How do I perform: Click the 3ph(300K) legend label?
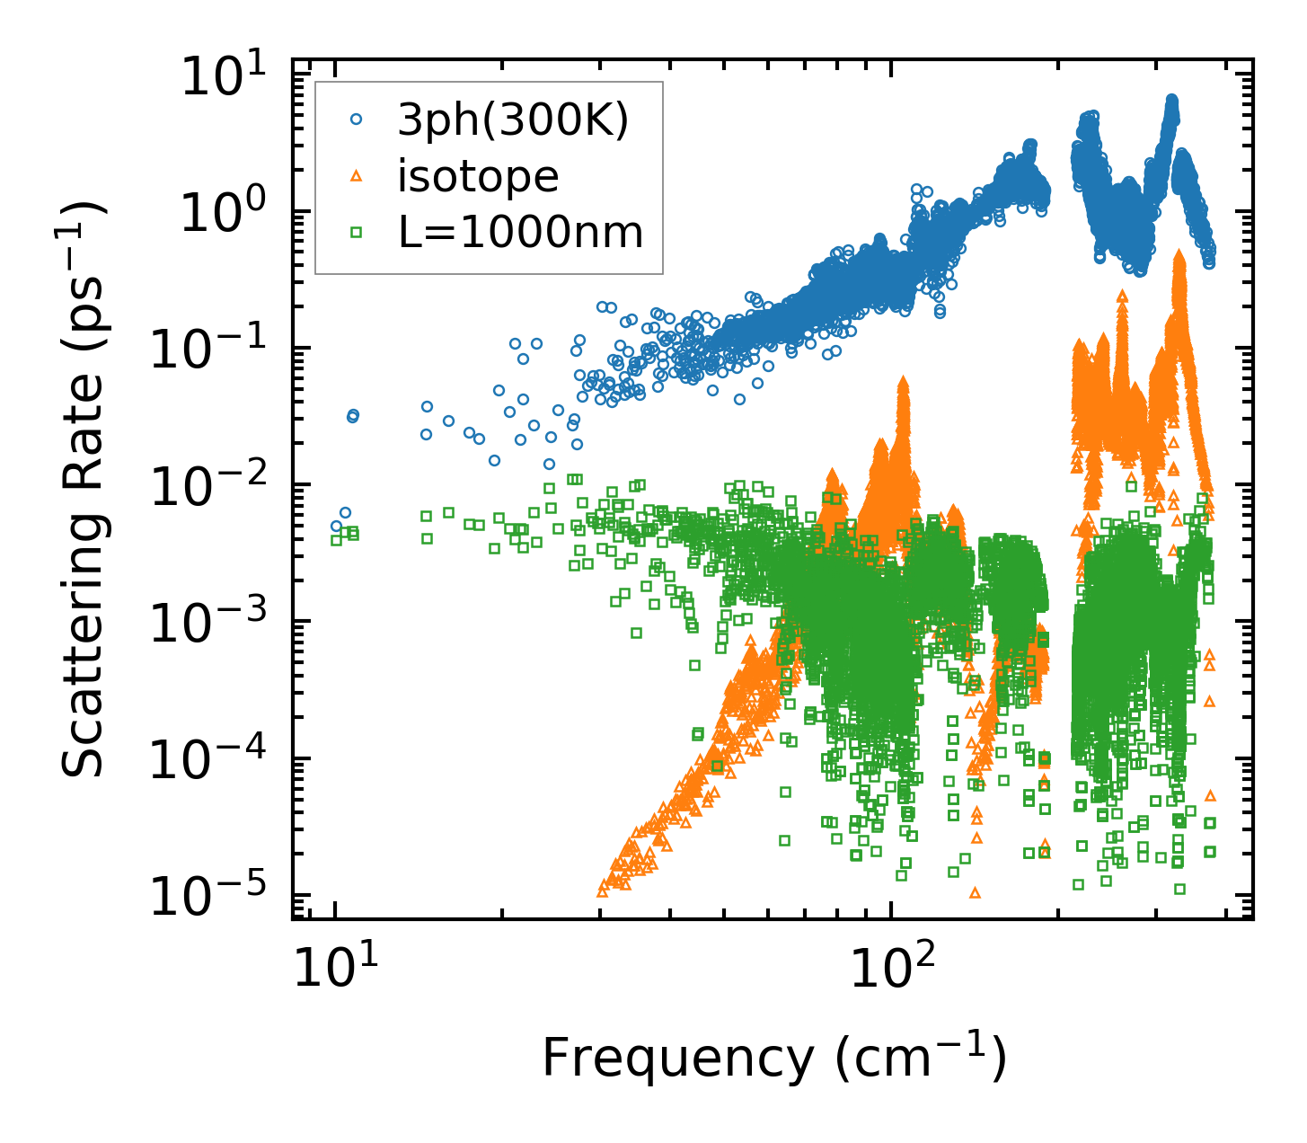(513, 120)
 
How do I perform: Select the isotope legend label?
(478, 177)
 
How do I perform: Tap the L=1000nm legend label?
(520, 234)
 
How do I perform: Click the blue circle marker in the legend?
(356, 120)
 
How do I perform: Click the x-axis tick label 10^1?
(335, 965)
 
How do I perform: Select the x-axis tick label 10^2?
(890, 965)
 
